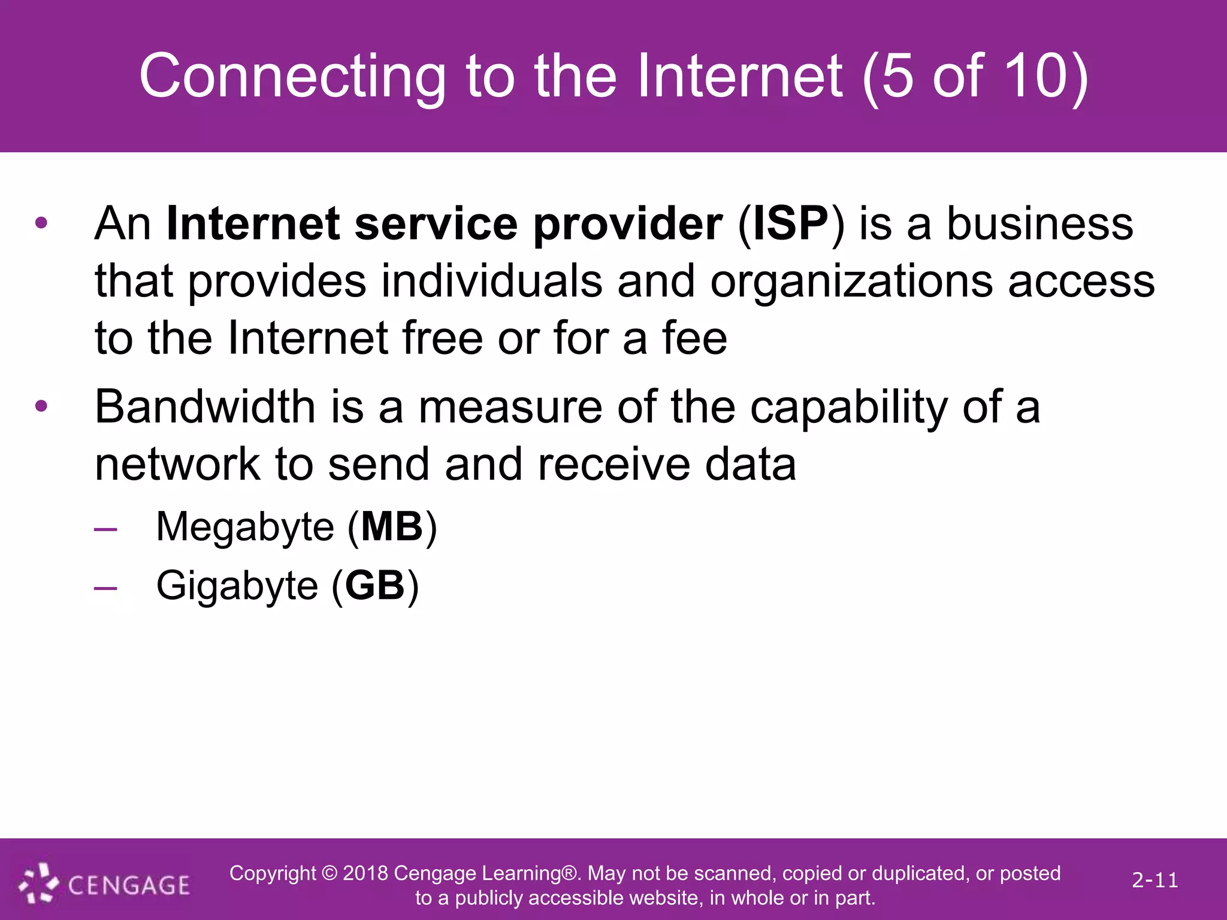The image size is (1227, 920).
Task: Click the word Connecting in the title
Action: (x=292, y=77)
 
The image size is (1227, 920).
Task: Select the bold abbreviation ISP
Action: (x=791, y=224)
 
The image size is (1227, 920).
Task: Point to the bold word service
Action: (x=436, y=224)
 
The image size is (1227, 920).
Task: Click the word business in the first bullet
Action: (x=1039, y=224)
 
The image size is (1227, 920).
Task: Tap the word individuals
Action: (x=491, y=280)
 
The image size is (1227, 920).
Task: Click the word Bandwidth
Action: (x=205, y=407)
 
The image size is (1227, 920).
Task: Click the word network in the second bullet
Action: (x=177, y=464)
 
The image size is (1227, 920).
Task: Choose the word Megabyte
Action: (x=244, y=527)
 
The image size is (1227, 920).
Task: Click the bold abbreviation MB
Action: (x=392, y=526)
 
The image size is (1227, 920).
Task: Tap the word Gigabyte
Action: (x=237, y=586)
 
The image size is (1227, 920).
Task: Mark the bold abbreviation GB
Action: (x=375, y=585)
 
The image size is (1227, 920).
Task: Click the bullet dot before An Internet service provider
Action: (x=41, y=223)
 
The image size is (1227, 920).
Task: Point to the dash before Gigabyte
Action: (x=105, y=588)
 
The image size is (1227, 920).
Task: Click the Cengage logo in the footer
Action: (x=105, y=883)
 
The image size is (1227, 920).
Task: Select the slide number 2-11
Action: (x=1155, y=880)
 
